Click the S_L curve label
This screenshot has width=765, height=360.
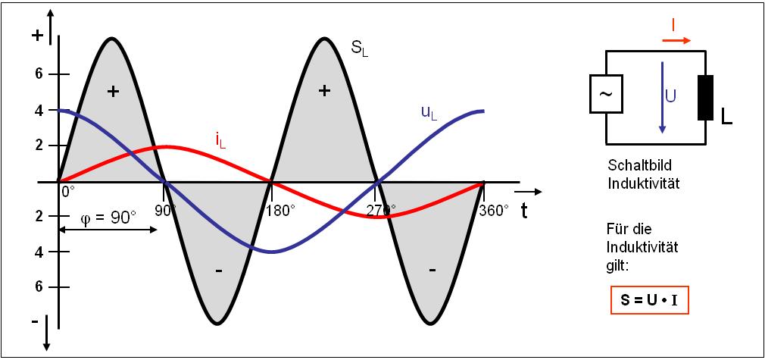360,49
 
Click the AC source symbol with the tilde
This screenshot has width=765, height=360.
605,95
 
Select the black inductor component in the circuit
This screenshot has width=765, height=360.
705,98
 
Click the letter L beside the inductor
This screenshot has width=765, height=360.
728,118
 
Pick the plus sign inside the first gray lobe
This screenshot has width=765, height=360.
113,92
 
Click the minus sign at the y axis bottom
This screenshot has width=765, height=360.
34,322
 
